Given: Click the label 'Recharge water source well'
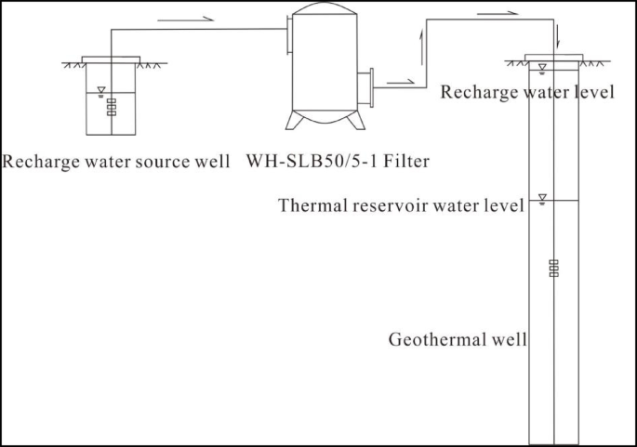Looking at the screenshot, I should click(116, 162).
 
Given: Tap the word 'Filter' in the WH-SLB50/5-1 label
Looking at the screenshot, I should click(404, 162).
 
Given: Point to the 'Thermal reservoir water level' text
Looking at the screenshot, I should click(401, 205).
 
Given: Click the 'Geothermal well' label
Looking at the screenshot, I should click(457, 340).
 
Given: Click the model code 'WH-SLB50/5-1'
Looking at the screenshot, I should click(311, 162).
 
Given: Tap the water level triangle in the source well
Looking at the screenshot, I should click(100, 90).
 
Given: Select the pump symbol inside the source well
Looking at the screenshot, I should click(111, 106).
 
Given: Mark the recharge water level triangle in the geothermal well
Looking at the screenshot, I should click(543, 67).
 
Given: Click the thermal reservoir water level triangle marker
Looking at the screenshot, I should click(543, 198).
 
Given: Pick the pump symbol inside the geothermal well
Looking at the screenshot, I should click(553, 268).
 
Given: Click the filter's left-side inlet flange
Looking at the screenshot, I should click(287, 40).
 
